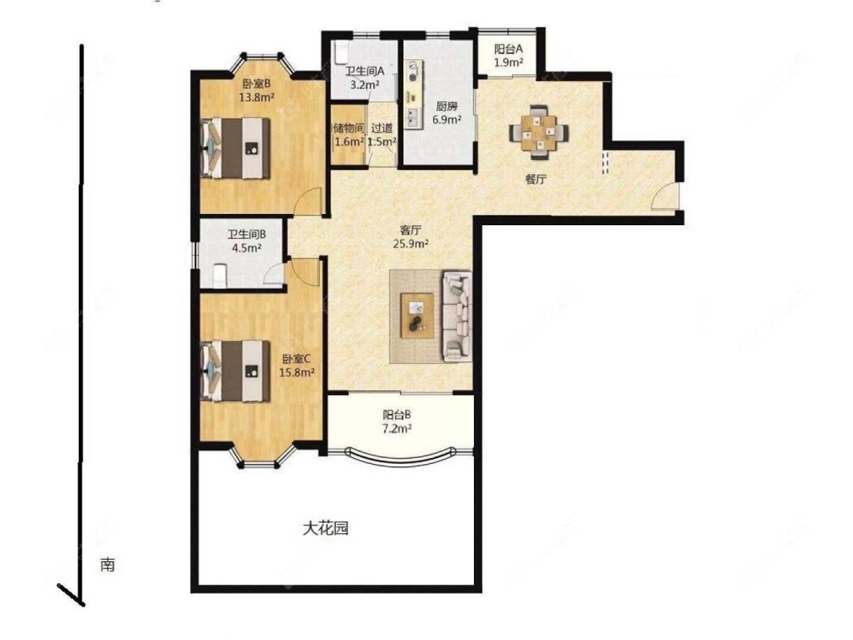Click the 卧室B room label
click(x=256, y=84)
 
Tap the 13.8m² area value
click(x=256, y=97)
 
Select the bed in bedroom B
click(x=236, y=148)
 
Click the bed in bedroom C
click(x=236, y=371)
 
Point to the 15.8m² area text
click(x=296, y=373)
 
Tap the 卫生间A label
click(x=365, y=71)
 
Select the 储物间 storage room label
click(x=348, y=128)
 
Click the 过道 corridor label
click(x=382, y=128)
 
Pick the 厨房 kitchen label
click(x=447, y=107)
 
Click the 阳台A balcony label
click(x=509, y=49)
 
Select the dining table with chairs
click(x=539, y=132)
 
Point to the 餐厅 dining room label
click(x=535, y=180)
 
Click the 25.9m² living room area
click(x=411, y=244)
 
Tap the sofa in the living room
click(x=457, y=316)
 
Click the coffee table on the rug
click(x=417, y=315)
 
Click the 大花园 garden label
click(x=325, y=528)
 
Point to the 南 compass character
click(x=107, y=565)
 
